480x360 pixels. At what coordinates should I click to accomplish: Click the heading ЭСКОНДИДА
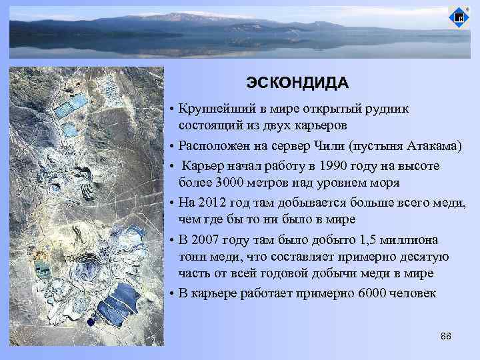(x=297, y=82)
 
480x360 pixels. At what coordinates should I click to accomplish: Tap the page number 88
(x=446, y=336)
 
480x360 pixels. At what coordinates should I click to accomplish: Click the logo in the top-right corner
(x=458, y=17)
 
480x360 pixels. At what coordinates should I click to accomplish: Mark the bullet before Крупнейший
(x=171, y=109)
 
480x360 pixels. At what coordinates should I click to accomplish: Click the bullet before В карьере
(x=171, y=293)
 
